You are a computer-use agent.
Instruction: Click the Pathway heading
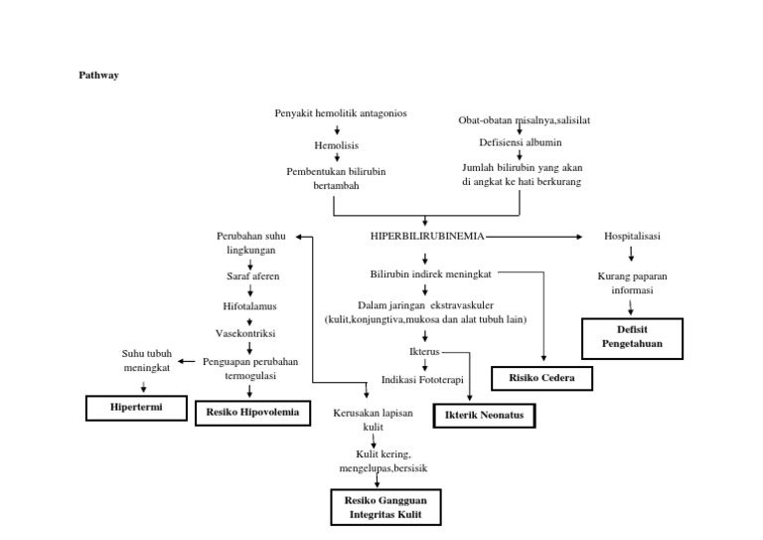click(98, 75)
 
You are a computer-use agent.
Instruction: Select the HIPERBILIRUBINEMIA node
click(426, 237)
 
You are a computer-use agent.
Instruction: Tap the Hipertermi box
click(135, 408)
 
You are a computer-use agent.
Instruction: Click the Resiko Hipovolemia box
click(252, 410)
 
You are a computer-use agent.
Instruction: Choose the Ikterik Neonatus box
click(484, 413)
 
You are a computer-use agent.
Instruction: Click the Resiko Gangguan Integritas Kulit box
click(384, 505)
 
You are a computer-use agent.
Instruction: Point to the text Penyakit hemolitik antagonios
click(341, 113)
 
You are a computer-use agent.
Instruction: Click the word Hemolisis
click(336, 145)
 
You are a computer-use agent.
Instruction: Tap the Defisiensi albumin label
click(520, 143)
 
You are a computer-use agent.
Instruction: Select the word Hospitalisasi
click(632, 237)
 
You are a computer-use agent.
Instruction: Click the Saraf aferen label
click(248, 274)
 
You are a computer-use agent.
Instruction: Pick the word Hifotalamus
click(248, 305)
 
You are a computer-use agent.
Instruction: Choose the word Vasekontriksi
click(248, 333)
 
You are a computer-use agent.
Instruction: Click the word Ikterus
click(425, 352)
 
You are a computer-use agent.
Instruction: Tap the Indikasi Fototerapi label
click(422, 379)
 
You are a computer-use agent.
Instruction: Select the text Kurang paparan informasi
click(631, 283)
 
